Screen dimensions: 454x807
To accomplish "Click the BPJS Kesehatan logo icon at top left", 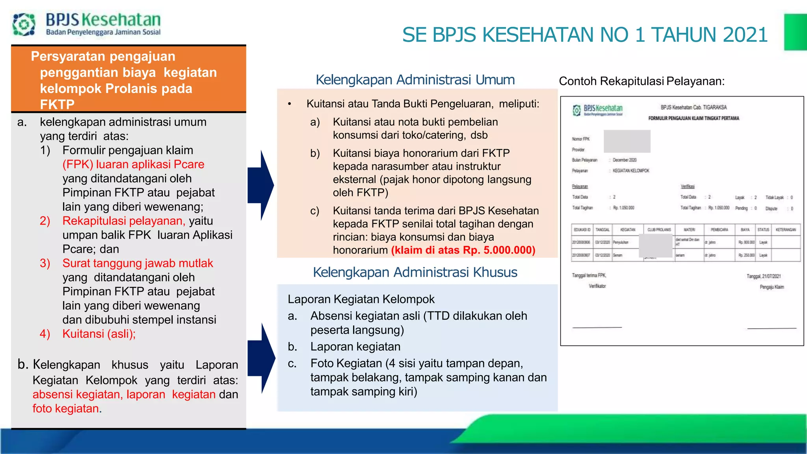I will [24, 24].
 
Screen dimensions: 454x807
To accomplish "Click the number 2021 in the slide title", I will [745, 35].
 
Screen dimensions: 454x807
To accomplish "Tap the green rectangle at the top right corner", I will [795, 32].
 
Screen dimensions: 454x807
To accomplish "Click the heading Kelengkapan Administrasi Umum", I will [415, 80].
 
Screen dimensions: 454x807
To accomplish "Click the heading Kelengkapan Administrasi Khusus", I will [415, 272].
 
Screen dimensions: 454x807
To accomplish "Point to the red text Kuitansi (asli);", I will [99, 334].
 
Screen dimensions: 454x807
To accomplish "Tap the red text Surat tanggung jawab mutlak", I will [138, 263].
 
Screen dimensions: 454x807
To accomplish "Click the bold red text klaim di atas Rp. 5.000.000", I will [463, 250].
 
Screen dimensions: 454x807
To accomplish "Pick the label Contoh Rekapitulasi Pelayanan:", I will [642, 81].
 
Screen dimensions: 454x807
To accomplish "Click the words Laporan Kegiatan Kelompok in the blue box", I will [361, 299].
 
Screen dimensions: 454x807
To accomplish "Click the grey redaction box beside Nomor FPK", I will [627, 141].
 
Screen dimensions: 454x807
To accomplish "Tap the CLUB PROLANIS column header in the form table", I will [659, 230].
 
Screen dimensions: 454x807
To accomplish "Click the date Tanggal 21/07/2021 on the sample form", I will [763, 276].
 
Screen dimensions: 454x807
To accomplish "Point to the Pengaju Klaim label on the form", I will [772, 287].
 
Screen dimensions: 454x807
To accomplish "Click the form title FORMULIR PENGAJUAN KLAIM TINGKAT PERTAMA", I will [694, 118].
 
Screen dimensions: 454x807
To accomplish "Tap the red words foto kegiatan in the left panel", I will [65, 409].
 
